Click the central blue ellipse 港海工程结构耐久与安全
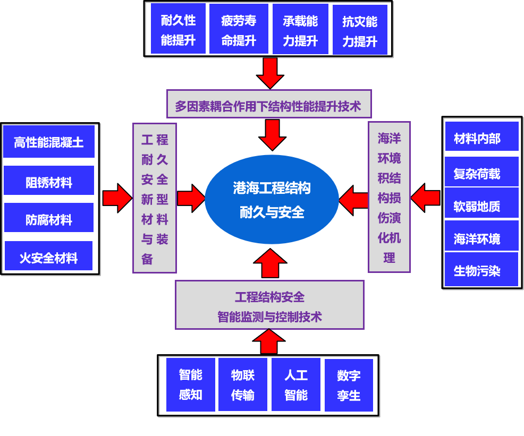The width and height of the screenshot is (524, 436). (272, 200)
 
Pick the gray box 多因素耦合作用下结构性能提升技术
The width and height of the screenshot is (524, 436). (268, 104)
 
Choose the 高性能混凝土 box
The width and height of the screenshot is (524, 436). (49, 141)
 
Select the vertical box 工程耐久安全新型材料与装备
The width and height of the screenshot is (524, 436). (155, 198)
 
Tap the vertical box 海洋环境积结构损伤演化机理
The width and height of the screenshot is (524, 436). (389, 197)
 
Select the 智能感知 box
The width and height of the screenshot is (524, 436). (191, 384)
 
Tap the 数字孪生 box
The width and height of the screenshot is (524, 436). (349, 385)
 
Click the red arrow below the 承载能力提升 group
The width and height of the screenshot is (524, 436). (270, 73)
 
